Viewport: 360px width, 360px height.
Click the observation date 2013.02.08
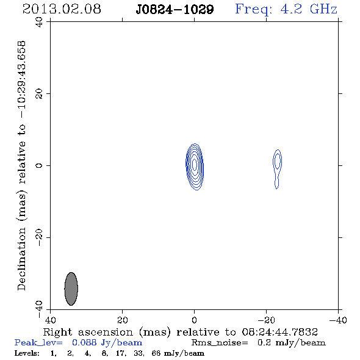pyautogui.click(x=62, y=9)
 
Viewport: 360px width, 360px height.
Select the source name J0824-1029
pyautogui.click(x=175, y=10)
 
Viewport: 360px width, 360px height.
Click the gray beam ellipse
pyautogui.click(x=71, y=289)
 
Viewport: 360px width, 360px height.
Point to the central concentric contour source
pyautogui.click(x=195, y=167)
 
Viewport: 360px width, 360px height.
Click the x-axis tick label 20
pyautogui.click(x=122, y=320)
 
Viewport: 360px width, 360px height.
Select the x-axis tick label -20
pyautogui.click(x=266, y=320)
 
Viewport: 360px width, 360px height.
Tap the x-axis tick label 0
pyautogui.click(x=194, y=320)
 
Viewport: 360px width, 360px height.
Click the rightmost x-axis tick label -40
pyautogui.click(x=338, y=320)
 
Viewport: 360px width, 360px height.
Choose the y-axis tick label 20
pyautogui.click(x=39, y=94)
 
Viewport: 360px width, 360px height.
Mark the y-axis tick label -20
pyautogui.click(x=39, y=237)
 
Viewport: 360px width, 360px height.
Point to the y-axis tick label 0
pyautogui.click(x=39, y=165)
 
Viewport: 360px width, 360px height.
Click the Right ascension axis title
pyautogui.click(x=181, y=332)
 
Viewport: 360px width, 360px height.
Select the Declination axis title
pyautogui.click(x=21, y=166)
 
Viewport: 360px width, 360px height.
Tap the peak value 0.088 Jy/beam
pyautogui.click(x=107, y=342)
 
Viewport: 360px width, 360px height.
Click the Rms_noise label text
pyautogui.click(x=220, y=343)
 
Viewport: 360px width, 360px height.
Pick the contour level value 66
pyautogui.click(x=156, y=353)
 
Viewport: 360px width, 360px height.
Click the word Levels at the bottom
pyautogui.click(x=27, y=353)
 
